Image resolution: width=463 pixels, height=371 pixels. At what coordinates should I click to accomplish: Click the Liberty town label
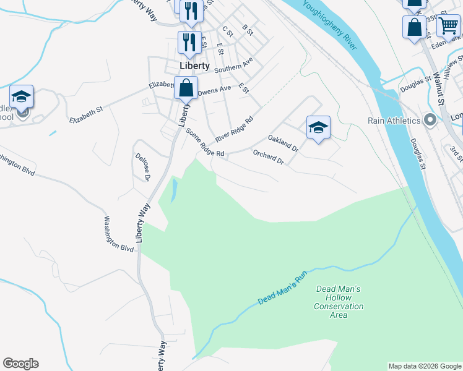[194, 66]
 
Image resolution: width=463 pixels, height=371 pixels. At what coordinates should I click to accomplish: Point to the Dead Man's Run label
[282, 290]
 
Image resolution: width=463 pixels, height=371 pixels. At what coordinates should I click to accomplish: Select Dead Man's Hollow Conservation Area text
[338, 302]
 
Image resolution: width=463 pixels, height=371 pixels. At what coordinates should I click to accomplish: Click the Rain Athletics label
[394, 121]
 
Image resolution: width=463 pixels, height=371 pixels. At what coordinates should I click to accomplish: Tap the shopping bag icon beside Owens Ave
[186, 88]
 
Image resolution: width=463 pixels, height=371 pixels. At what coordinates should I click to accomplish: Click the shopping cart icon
[448, 26]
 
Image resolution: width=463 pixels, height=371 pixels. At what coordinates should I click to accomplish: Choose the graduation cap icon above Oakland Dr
[318, 127]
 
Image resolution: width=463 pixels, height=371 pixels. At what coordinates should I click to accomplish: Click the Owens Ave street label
[214, 90]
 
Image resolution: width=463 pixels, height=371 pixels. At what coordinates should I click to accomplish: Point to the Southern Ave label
[234, 66]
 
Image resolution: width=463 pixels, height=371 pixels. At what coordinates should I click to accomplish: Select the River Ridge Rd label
[235, 129]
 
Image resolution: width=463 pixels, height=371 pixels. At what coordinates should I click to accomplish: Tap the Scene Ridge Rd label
[205, 143]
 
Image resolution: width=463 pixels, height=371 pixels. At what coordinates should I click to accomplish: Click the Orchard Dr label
[268, 158]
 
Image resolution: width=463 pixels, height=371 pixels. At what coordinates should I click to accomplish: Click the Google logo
[20, 364]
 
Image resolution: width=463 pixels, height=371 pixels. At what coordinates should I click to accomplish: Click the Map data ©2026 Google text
[425, 366]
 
